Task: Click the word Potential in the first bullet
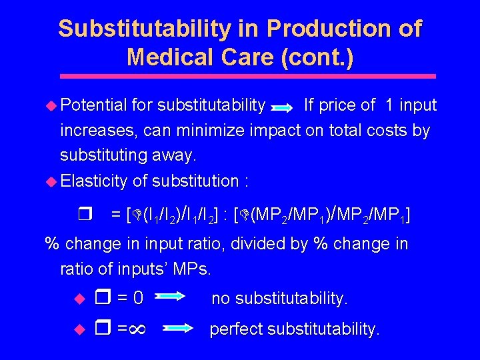click(93, 105)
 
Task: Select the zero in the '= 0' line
click(138, 297)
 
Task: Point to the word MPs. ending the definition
click(191, 269)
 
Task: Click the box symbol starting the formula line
click(83, 214)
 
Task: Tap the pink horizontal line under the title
click(240, 77)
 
